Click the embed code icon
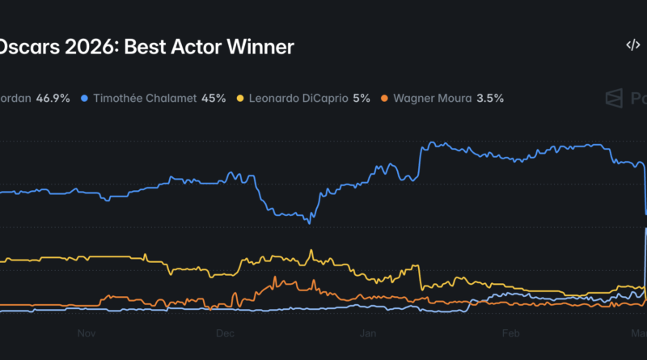[x=632, y=45]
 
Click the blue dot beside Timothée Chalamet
[x=85, y=99]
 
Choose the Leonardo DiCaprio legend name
[x=297, y=98]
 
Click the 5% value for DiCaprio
[x=361, y=98]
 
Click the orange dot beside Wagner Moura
[x=384, y=99]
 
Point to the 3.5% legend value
[x=490, y=98]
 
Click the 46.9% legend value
[x=53, y=98]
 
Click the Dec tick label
[x=225, y=332]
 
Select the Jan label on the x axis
[x=368, y=332]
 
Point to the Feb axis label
[x=510, y=332]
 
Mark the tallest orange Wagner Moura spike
[x=276, y=277]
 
